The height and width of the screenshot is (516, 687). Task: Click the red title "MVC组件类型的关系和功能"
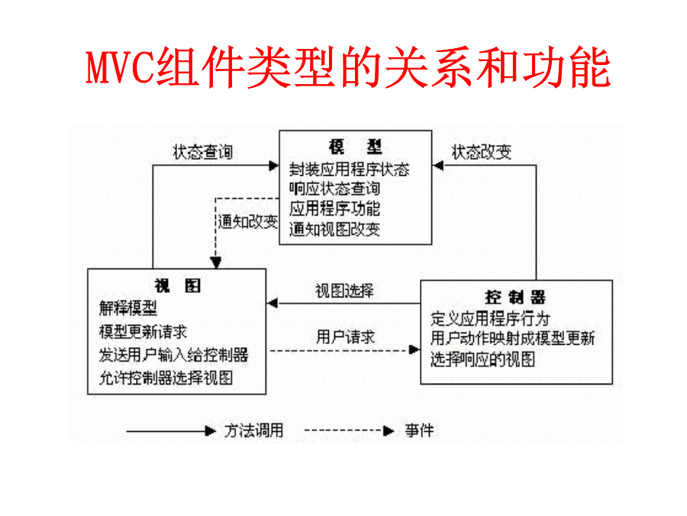click(x=348, y=67)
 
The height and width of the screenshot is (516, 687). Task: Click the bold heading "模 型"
click(x=355, y=147)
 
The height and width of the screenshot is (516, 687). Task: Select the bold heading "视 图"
click(x=177, y=286)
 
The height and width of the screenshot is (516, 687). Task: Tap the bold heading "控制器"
click(x=515, y=297)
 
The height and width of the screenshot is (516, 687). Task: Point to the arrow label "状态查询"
click(x=203, y=152)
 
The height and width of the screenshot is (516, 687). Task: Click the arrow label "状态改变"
click(x=482, y=152)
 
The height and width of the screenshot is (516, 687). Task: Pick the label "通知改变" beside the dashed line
click(x=248, y=222)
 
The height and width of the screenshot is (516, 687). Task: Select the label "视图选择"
click(x=344, y=290)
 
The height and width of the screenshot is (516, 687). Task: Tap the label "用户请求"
click(x=345, y=337)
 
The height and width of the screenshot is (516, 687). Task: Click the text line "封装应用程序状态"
click(x=349, y=170)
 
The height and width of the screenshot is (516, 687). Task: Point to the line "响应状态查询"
click(x=334, y=189)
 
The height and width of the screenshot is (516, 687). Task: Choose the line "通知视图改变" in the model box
click(x=334, y=229)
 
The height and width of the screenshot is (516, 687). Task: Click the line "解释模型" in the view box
click(x=128, y=308)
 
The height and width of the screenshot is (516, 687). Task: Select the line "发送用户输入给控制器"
click(x=173, y=355)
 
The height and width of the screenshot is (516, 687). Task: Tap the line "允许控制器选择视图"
click(x=166, y=378)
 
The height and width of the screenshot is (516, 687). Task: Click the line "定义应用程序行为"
click(x=490, y=319)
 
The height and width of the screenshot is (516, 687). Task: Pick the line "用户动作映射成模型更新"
click(x=513, y=339)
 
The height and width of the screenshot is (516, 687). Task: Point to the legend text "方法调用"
click(x=253, y=430)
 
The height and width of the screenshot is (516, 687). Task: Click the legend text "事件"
click(x=419, y=430)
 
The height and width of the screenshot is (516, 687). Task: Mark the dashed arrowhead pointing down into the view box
click(x=215, y=262)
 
